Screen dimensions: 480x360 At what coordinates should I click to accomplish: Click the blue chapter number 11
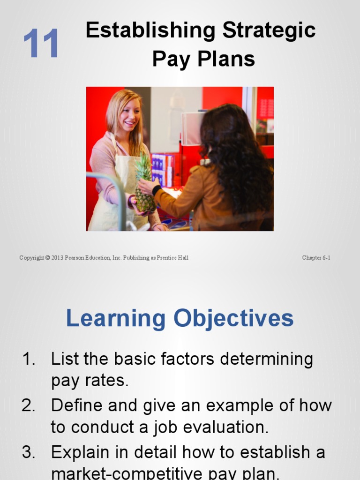point(41,44)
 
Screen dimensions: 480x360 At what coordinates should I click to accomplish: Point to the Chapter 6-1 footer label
point(316,258)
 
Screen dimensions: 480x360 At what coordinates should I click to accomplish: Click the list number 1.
point(29,360)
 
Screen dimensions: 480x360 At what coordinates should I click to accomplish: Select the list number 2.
point(29,405)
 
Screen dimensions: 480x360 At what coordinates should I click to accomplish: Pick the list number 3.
point(29,452)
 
